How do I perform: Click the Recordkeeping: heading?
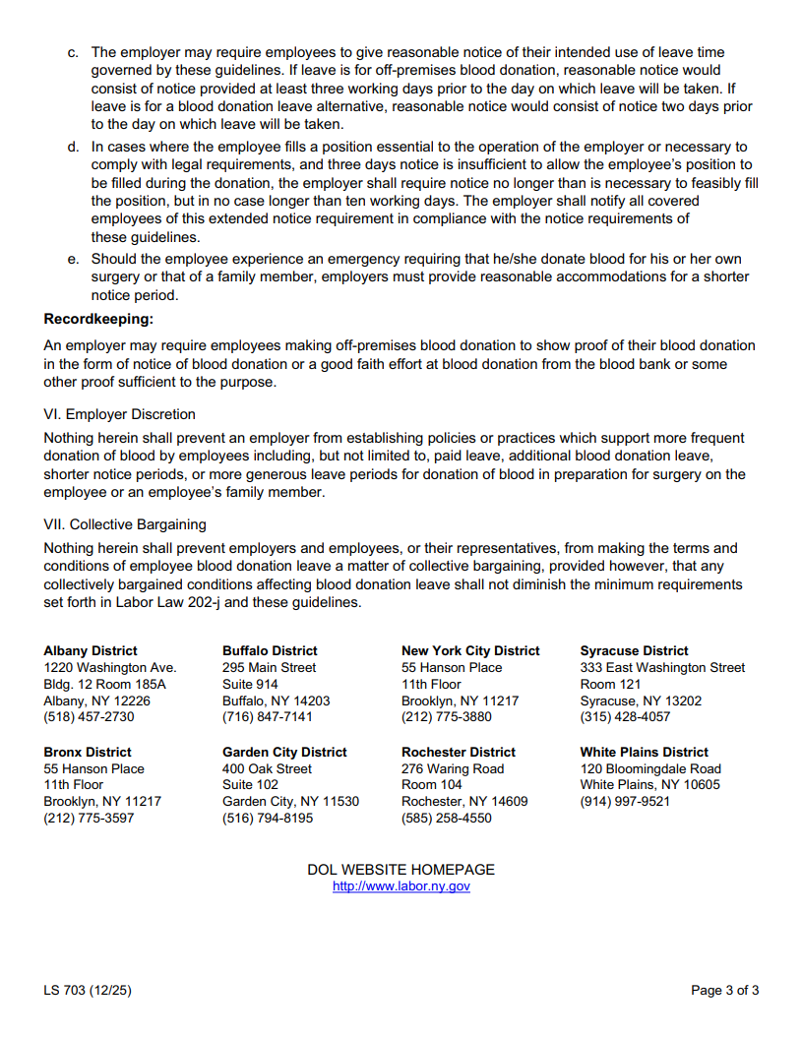click(98, 319)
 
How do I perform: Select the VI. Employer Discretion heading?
click(119, 414)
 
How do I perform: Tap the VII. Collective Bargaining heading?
click(125, 524)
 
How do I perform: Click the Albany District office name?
click(91, 650)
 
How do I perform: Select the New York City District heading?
click(470, 650)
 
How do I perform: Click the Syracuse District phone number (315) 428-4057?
click(625, 717)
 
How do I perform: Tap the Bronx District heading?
click(88, 752)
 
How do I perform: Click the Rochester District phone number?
click(446, 818)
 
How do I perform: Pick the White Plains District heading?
click(644, 752)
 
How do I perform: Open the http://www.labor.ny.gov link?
click(401, 886)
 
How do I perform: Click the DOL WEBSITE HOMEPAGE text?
click(401, 870)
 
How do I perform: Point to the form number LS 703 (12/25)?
click(87, 991)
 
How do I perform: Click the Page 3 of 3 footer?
click(724, 991)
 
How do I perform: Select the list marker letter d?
click(73, 147)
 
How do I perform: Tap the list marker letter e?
click(73, 259)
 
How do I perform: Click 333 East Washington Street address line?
click(662, 667)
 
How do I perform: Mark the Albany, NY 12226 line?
click(96, 701)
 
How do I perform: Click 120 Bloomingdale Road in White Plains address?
click(650, 768)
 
